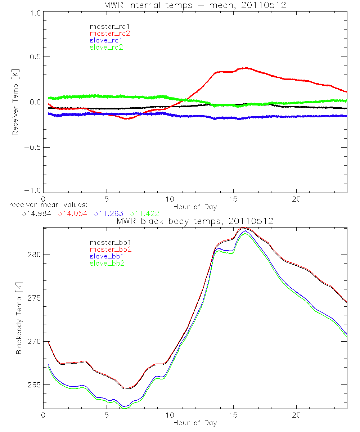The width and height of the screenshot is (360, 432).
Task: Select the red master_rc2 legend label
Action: pos(110,33)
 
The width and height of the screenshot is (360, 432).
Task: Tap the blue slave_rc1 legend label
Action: pos(106,40)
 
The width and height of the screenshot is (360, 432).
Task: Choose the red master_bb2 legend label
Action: pos(111,249)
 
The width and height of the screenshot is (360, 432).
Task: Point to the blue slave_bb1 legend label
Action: pos(107,256)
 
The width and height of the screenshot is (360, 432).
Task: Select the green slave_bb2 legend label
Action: pos(107,263)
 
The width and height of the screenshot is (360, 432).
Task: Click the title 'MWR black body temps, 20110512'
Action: pos(195,221)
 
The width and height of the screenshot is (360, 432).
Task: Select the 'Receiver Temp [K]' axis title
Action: pos(15,102)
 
